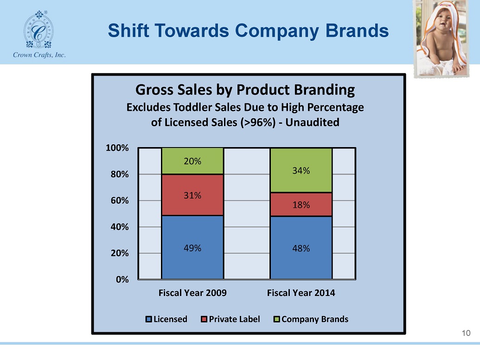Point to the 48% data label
(301, 248)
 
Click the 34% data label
(301, 171)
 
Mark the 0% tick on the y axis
(122, 279)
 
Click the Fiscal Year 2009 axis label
(192, 293)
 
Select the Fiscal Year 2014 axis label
(301, 293)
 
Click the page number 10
(466, 333)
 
